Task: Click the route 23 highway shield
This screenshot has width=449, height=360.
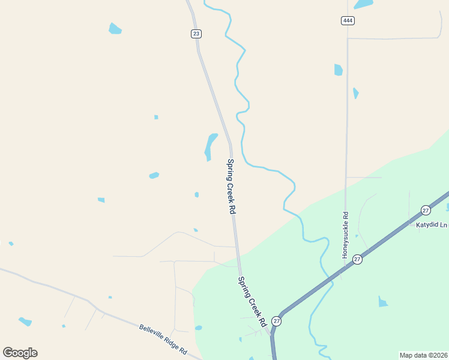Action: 196,34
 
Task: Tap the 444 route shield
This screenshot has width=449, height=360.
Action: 348,20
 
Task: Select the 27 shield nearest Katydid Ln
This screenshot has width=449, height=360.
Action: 426,210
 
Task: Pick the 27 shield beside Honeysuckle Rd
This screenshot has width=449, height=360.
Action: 357,259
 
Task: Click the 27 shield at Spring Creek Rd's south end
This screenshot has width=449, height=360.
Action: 276,321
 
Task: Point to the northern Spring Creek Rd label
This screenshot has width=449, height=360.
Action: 231,187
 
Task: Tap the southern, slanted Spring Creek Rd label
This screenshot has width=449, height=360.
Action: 252,301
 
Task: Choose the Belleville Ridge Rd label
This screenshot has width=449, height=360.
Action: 163,338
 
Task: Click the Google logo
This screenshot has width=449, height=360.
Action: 20,353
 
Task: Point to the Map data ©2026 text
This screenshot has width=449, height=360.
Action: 424,355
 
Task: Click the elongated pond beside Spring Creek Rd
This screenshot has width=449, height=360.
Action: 210,146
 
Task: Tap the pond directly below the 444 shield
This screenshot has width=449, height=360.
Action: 338,70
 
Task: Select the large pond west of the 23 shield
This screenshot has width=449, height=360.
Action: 115,28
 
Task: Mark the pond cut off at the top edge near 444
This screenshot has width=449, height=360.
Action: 363,4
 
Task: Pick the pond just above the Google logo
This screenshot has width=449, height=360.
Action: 25,322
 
